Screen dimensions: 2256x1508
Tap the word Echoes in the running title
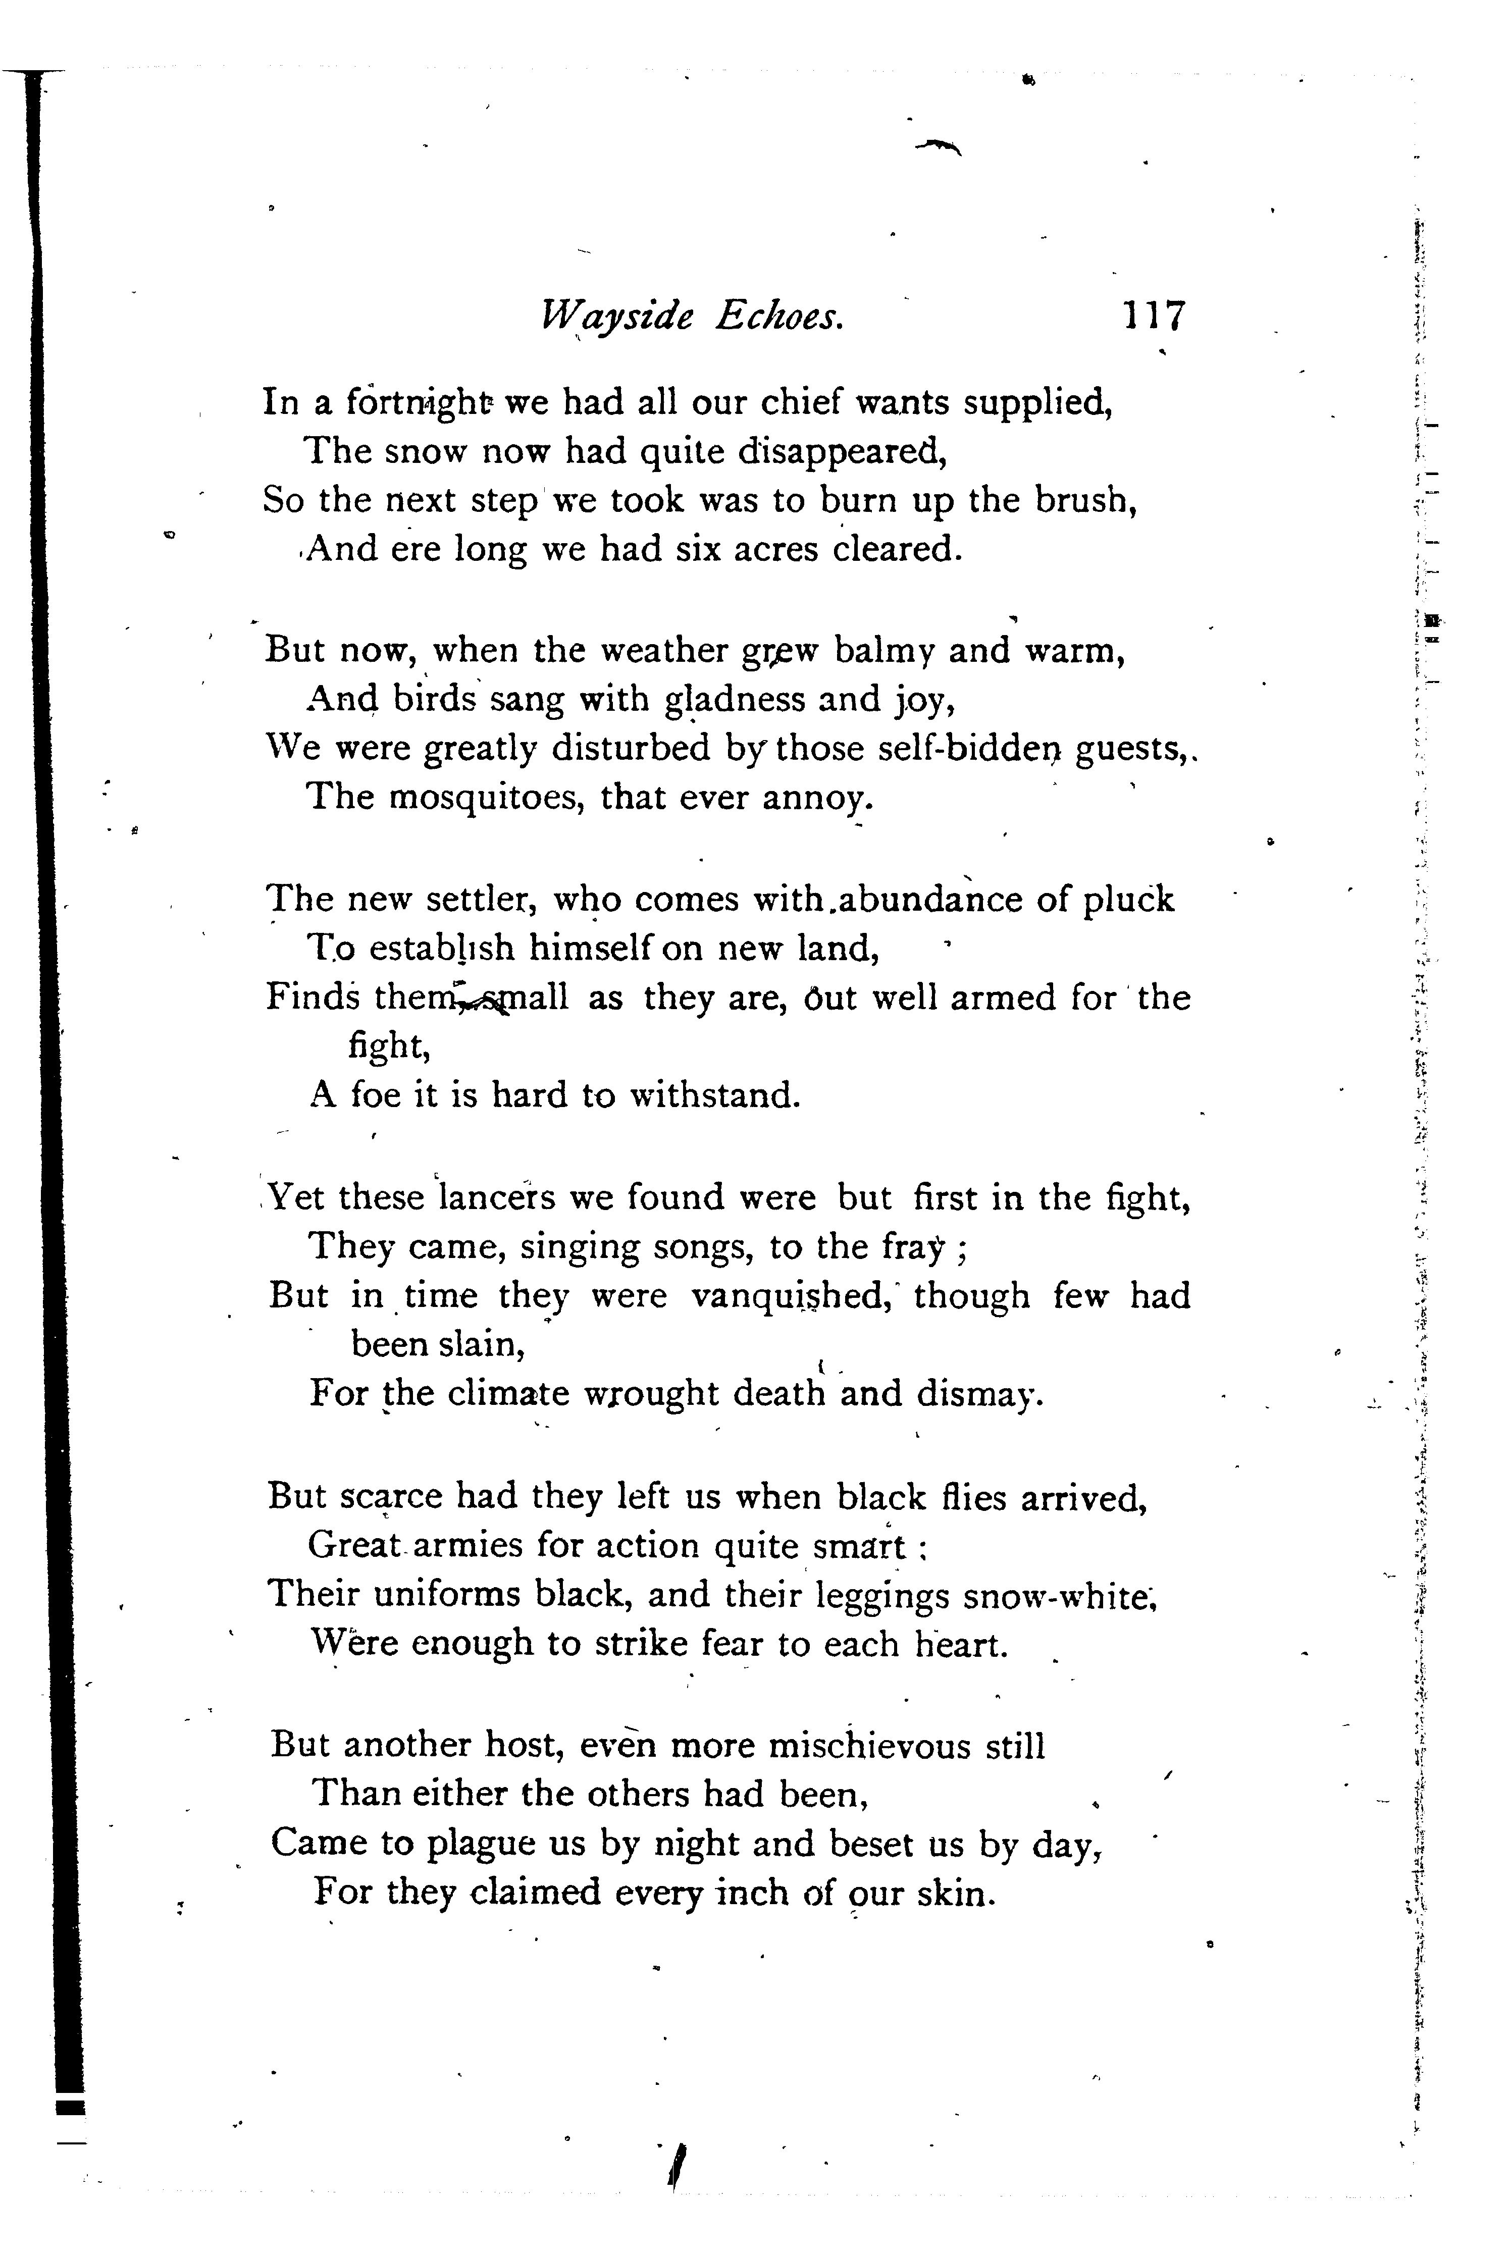(x=779, y=317)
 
